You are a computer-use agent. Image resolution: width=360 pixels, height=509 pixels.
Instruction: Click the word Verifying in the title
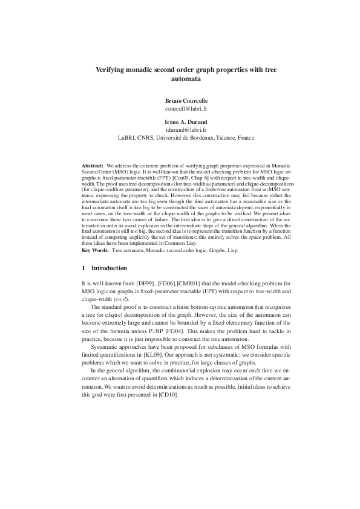(x=114, y=70)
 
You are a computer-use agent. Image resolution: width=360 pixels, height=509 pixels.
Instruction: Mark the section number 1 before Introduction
(x=83, y=267)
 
